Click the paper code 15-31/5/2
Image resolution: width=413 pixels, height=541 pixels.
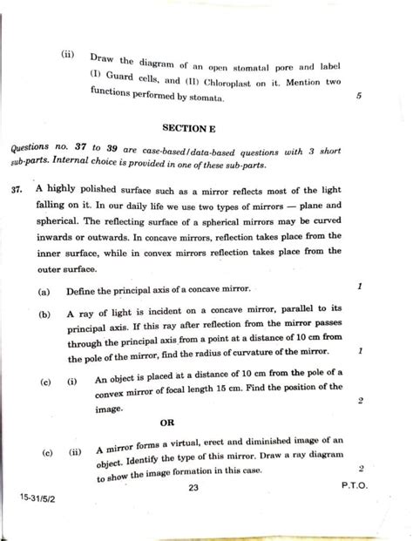pos(36,504)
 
